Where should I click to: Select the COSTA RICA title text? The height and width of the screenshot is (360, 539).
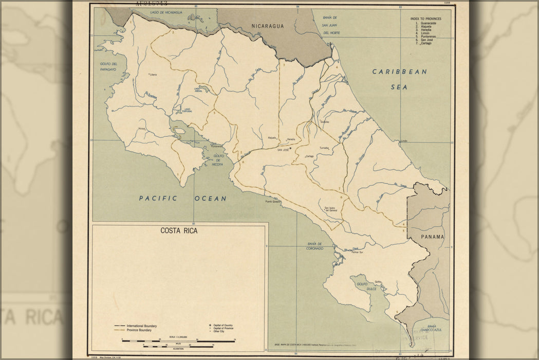coord(179,231)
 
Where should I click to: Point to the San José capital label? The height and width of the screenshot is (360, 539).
coord(283,150)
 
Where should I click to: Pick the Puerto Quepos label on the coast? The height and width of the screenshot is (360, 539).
coord(274,202)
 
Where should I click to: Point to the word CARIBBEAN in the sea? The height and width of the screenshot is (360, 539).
coord(400,72)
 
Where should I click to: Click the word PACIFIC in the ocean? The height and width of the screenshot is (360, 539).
coord(158,198)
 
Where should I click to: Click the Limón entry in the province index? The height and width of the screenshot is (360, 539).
coord(424,33)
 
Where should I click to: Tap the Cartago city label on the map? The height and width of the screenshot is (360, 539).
coord(309,156)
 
